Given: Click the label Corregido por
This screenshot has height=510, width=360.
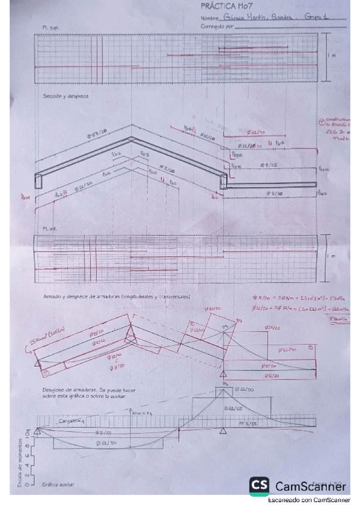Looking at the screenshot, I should coord(215,26).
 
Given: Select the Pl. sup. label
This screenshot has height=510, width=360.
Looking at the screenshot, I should coord(50,28).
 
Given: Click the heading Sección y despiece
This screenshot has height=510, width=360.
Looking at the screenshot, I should coord(66,96).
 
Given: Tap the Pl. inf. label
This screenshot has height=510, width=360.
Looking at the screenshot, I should coord(49,230).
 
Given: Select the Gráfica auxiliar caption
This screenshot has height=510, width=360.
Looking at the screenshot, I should coord(58,484).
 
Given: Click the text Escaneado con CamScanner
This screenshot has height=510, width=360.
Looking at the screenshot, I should coord(309,500).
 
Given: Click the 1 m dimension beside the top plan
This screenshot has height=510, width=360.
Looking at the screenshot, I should coord(331,56).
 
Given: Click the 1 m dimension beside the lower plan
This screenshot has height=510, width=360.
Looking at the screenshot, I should coord(331,256).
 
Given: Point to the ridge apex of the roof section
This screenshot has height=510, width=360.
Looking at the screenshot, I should coord(131,138).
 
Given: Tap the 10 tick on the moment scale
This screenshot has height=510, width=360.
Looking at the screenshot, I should coord(28,433).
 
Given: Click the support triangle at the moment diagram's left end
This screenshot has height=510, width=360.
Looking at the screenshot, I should coord(37,431).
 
